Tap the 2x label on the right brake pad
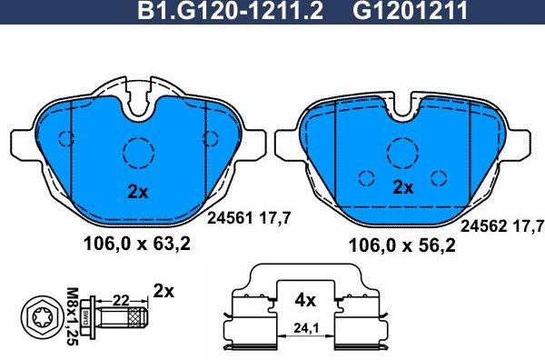(x=402, y=188)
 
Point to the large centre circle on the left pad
(x=139, y=149)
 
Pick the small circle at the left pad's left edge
(x=65, y=138)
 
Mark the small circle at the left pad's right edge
(x=211, y=138)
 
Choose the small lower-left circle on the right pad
(x=366, y=177)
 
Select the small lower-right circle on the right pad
(x=440, y=177)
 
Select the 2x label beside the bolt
(x=163, y=292)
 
